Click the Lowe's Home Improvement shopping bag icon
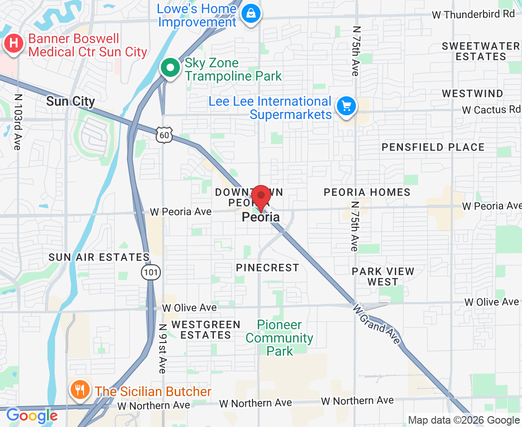[x=250, y=13]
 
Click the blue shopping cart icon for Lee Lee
[x=346, y=106]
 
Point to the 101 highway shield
[x=150, y=272]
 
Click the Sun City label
[x=71, y=101]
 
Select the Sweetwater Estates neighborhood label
[x=481, y=51]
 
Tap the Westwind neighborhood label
[x=473, y=93]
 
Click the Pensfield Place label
[x=433, y=148]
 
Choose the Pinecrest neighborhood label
[x=268, y=268]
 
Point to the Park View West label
[x=383, y=277]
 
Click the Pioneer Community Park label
[x=280, y=338]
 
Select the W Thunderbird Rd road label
[x=473, y=14]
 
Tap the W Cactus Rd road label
[x=491, y=110]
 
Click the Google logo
[x=32, y=416]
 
